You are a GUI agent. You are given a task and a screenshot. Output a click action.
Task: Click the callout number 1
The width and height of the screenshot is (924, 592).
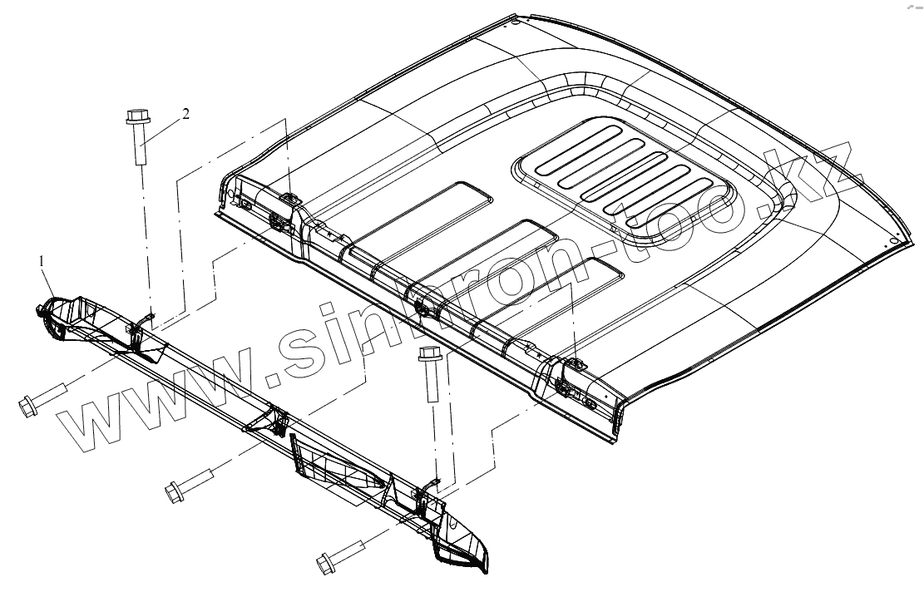42,261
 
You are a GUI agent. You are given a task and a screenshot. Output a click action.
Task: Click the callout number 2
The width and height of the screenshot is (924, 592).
185,114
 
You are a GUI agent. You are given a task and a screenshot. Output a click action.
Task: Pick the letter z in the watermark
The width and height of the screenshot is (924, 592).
832,166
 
